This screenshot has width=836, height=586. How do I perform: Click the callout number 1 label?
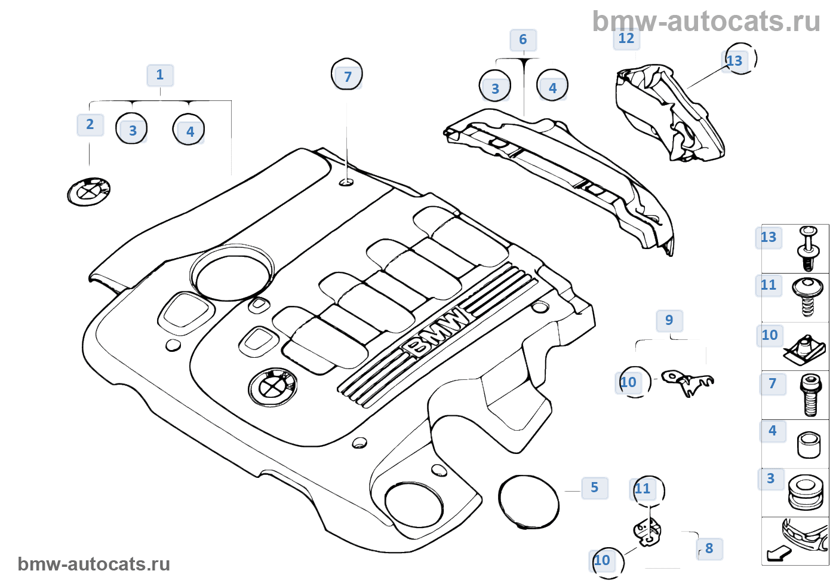pyautogui.click(x=160, y=75)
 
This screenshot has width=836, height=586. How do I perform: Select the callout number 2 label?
pyautogui.click(x=90, y=125)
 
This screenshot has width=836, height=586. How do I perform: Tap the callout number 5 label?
pyautogui.click(x=595, y=488)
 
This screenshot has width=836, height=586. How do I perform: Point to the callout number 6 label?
pyautogui.click(x=523, y=40)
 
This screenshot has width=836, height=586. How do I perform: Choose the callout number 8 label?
pyautogui.click(x=709, y=549)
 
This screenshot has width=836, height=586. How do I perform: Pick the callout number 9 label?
pyautogui.click(x=669, y=321)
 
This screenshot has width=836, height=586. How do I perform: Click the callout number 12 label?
pyautogui.click(x=626, y=39)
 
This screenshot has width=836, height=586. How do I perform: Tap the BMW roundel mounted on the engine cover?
pyautogui.click(x=273, y=387)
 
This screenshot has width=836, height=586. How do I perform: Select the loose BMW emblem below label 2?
pyautogui.click(x=89, y=192)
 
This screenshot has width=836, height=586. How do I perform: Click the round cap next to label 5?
pyautogui.click(x=528, y=502)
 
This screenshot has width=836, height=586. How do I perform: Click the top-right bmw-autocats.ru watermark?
pyautogui.click(x=706, y=22)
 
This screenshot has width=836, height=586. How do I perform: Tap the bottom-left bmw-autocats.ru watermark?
pyautogui.click(x=94, y=564)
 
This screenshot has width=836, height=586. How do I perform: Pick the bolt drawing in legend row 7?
pyautogui.click(x=809, y=395)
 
